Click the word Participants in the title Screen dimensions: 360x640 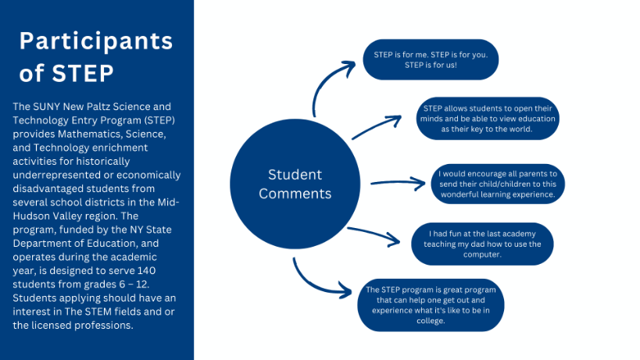pos(96,41)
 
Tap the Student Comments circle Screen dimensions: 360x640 pos(295,183)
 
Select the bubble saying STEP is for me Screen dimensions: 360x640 pos(431,59)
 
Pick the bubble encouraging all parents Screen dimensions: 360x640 pos(498,184)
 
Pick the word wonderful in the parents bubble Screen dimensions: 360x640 pos(466,194)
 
